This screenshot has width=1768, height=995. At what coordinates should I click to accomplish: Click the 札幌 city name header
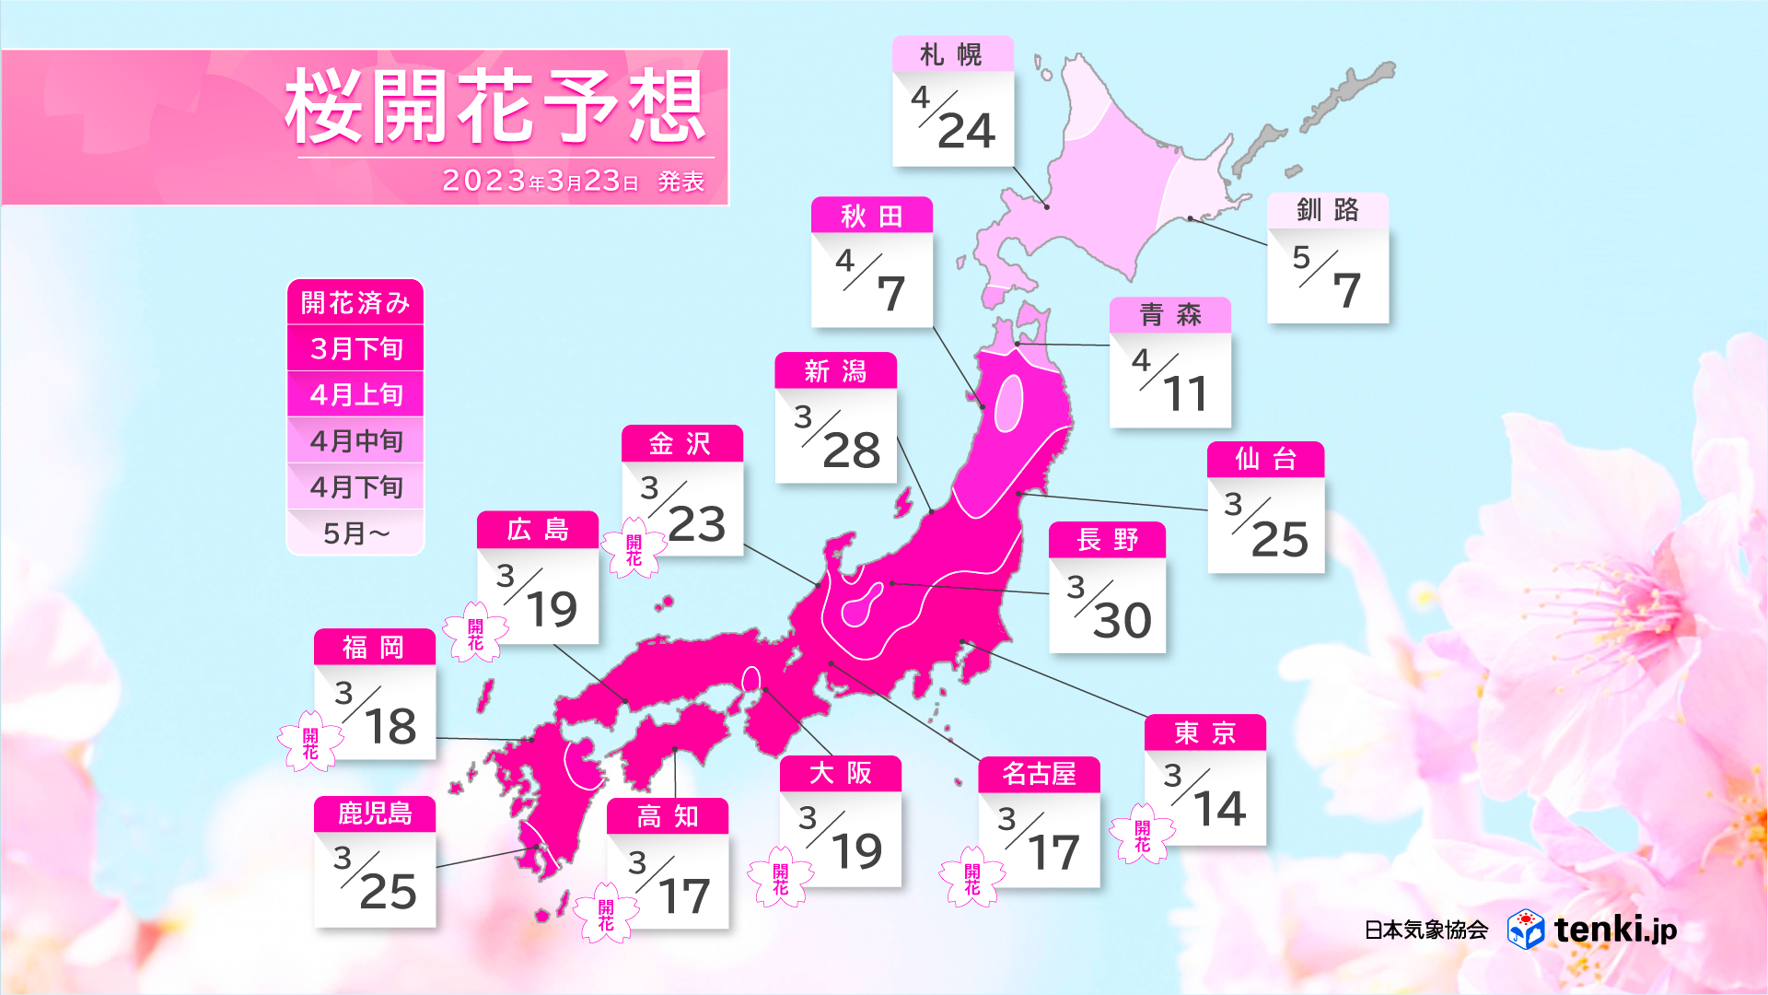click(x=952, y=55)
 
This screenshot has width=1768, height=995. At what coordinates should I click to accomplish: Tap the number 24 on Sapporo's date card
click(x=966, y=131)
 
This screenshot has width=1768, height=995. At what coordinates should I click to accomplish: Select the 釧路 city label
click(x=1327, y=210)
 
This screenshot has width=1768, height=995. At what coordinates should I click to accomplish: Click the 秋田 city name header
click(x=871, y=217)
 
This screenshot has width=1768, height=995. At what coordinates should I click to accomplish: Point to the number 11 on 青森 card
click(x=1184, y=394)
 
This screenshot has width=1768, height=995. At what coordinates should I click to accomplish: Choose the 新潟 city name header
click(x=835, y=371)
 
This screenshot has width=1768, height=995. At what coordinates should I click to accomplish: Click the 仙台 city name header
click(x=1265, y=459)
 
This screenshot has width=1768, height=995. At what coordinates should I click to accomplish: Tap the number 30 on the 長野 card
click(x=1122, y=620)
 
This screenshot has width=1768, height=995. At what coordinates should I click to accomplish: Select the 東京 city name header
click(x=1204, y=733)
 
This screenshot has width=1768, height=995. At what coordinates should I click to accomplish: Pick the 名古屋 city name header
click(x=1039, y=774)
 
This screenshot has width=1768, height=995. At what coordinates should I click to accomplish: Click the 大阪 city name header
click(x=840, y=773)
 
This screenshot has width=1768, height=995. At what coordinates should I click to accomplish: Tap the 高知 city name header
click(x=667, y=816)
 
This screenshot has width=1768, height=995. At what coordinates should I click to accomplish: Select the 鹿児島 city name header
click(x=374, y=814)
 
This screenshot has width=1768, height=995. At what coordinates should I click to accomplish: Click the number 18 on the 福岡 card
click(x=390, y=727)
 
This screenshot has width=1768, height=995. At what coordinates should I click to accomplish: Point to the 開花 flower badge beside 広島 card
click(x=475, y=634)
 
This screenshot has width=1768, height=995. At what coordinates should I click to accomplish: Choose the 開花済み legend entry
click(x=355, y=302)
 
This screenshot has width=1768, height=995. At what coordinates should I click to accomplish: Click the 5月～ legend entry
click(x=355, y=533)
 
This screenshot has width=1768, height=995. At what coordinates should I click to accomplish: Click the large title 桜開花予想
click(x=495, y=107)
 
